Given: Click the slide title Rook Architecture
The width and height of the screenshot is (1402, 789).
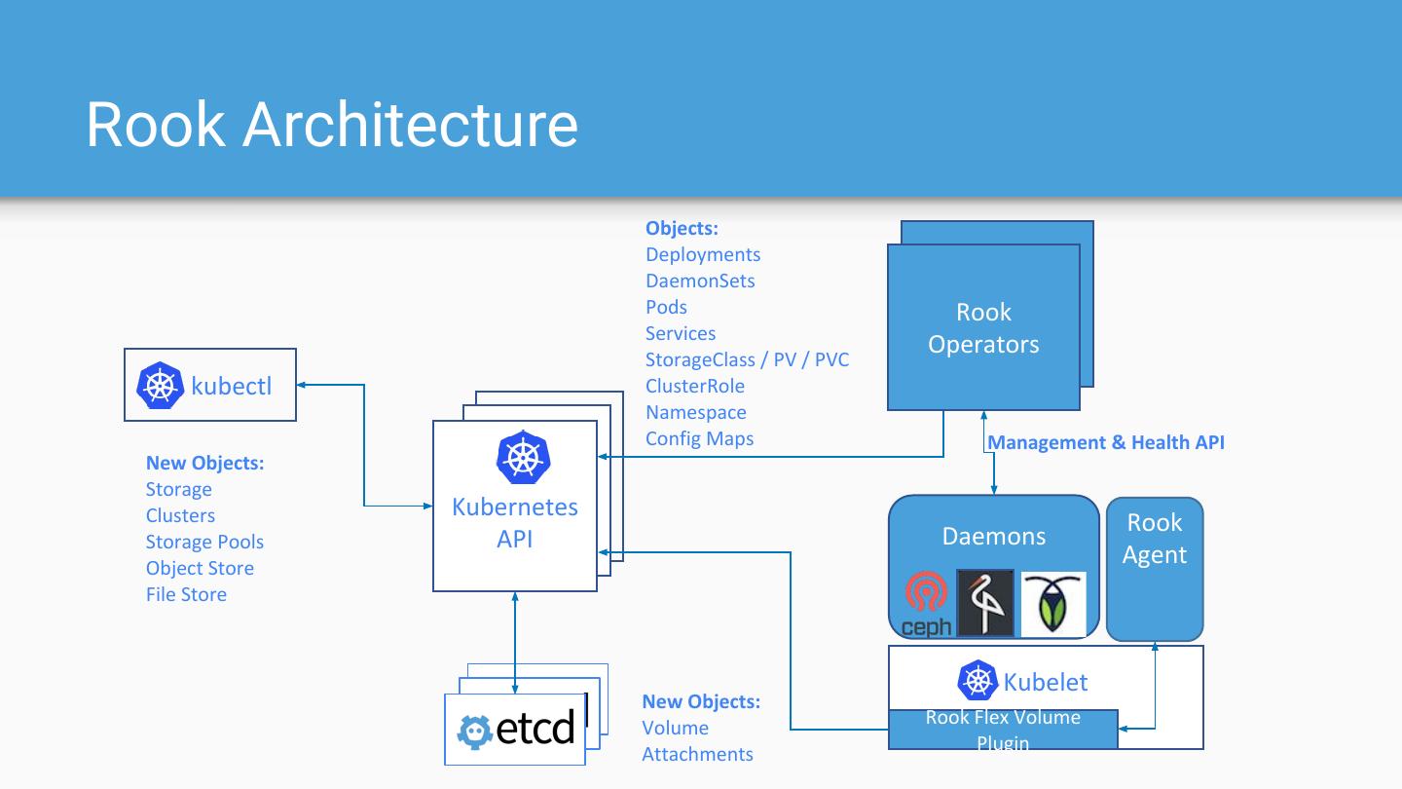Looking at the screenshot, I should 332,125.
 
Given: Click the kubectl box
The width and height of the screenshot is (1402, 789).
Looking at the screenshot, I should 210,385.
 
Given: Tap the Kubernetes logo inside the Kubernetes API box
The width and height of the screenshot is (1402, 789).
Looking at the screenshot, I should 523,457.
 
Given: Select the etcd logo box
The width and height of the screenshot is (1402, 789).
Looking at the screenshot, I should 516,729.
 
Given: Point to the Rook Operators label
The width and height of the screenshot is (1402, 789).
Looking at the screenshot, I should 983,328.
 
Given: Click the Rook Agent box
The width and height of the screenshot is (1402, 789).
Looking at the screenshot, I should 1155,569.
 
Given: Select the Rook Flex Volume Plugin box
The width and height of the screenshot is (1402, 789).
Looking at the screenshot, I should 1003,730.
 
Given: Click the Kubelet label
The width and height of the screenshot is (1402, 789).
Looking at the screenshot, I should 1045,682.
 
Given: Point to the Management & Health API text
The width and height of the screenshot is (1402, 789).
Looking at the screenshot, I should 1106,442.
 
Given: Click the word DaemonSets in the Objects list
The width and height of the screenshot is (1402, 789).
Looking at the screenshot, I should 700,281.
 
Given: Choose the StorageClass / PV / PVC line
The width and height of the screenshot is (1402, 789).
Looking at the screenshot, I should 747,359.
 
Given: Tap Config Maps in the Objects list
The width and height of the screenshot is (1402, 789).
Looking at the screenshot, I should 699,438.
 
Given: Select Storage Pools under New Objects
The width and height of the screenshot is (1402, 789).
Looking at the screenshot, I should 204,542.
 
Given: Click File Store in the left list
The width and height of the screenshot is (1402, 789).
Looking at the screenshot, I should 186,594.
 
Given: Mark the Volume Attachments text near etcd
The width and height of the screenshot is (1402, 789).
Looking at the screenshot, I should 697,741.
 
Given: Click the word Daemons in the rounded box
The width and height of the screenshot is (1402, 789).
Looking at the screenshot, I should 993,536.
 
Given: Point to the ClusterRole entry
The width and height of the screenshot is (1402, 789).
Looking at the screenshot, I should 694,386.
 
